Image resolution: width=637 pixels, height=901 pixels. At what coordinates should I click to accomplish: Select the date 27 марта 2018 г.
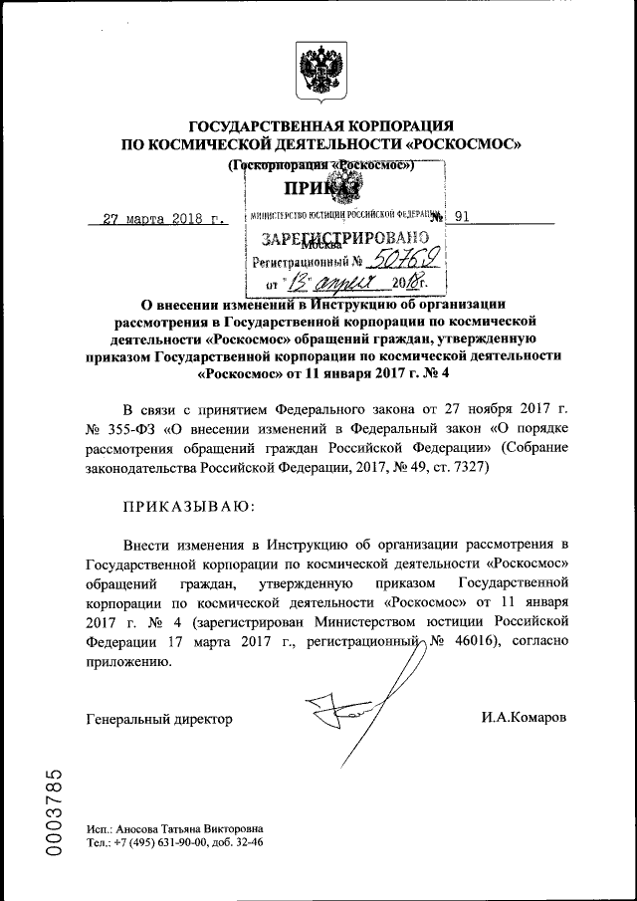pos(166,218)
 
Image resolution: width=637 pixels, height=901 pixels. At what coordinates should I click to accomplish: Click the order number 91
pos(463,216)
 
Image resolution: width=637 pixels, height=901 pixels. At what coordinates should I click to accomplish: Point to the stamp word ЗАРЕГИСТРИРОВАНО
pos(344,239)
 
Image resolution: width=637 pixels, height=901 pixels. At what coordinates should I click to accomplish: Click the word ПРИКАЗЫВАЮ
pos(187,506)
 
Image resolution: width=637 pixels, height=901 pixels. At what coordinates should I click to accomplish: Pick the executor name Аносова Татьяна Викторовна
pos(190,828)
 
